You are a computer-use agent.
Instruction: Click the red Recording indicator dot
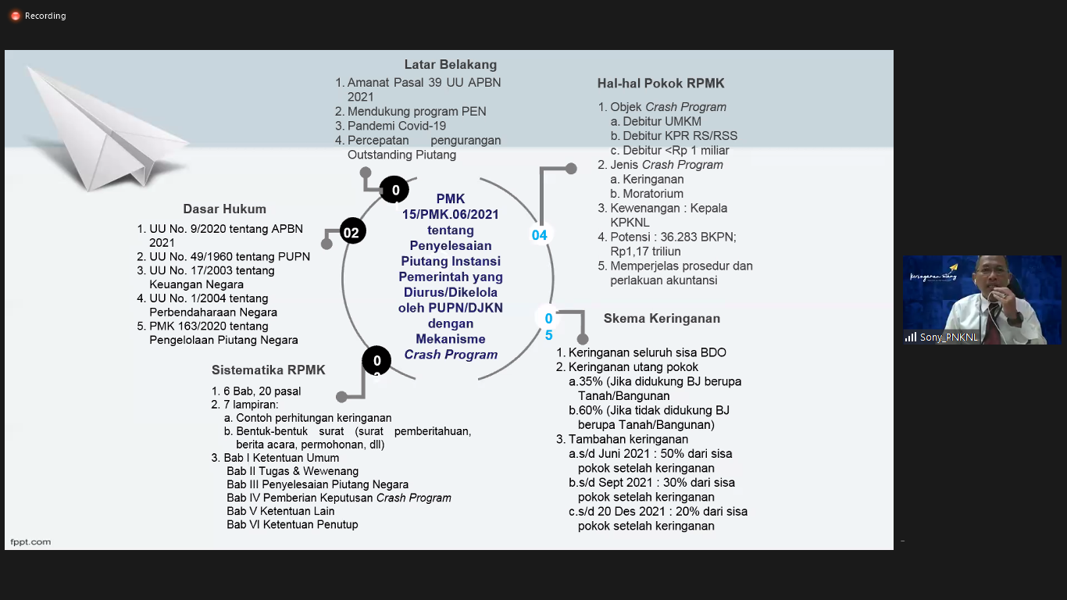click(16, 16)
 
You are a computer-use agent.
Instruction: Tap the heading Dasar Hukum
click(224, 209)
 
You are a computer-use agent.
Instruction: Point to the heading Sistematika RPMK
click(268, 370)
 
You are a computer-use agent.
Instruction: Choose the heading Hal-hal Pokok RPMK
click(661, 84)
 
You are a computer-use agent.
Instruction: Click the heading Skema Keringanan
click(662, 318)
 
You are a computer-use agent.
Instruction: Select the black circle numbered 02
click(352, 231)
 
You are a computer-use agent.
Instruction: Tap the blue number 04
click(539, 235)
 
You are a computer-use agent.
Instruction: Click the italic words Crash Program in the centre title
click(451, 355)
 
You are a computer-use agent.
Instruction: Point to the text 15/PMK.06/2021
click(450, 215)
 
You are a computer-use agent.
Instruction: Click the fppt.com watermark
click(30, 542)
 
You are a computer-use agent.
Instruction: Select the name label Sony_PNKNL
click(948, 337)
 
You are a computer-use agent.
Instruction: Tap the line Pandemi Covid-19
click(396, 126)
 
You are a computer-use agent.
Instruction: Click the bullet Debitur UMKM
click(655, 122)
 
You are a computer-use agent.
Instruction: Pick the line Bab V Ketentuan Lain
click(280, 511)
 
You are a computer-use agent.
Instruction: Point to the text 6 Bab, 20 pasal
click(262, 391)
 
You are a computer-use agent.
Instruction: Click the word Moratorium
click(652, 194)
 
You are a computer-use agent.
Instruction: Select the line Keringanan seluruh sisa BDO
click(647, 352)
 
